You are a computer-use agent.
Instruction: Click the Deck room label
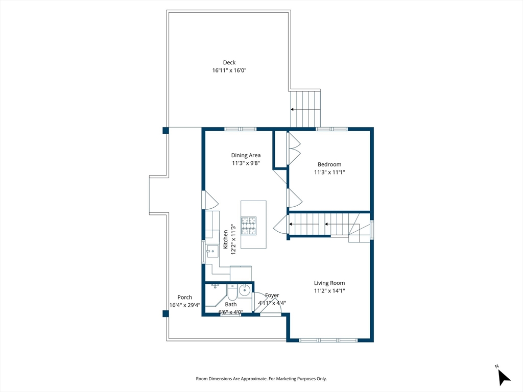click(229, 62)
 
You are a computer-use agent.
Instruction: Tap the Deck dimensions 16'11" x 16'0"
click(229, 70)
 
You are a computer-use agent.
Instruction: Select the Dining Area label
click(246, 155)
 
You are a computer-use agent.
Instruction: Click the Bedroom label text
click(329, 164)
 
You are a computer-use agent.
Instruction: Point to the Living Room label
click(329, 283)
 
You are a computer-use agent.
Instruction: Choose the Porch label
click(185, 298)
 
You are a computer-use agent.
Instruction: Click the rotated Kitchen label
click(225, 239)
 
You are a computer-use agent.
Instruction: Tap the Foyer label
click(272, 296)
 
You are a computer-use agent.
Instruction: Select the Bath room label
click(231, 304)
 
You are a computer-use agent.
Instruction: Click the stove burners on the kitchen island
click(249, 226)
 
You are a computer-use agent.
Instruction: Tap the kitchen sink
click(211, 251)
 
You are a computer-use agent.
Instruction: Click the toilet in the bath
click(232, 292)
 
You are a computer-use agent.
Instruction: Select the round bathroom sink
click(245, 290)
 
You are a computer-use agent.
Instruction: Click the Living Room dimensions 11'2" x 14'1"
click(329, 290)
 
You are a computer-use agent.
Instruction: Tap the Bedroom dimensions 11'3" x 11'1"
click(329, 173)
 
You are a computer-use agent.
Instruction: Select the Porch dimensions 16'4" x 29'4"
click(185, 305)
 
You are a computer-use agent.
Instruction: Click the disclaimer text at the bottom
click(261, 379)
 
